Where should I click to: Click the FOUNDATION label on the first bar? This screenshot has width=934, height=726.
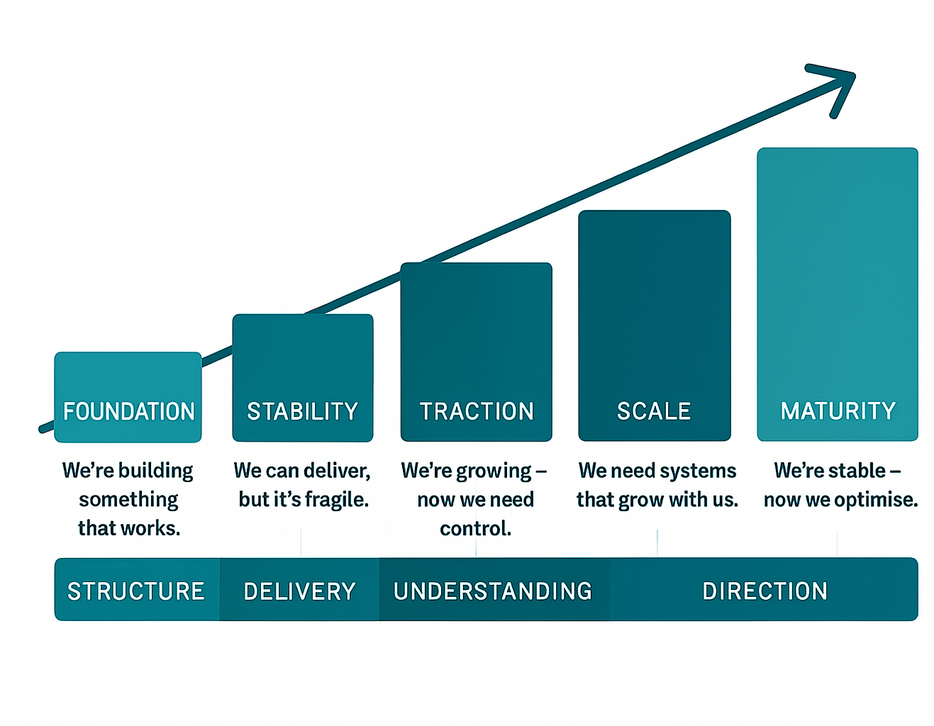point(129,411)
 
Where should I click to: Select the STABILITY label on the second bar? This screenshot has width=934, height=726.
point(302,411)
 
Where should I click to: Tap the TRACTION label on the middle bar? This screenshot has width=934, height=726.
point(477,411)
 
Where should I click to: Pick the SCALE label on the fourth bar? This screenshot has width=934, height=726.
point(654,411)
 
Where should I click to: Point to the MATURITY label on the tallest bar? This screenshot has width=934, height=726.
point(838,411)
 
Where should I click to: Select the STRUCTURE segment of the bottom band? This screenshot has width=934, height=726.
point(137,589)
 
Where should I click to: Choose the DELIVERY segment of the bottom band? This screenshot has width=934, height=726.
point(299,589)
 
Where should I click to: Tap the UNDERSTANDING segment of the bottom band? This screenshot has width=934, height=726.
point(494,589)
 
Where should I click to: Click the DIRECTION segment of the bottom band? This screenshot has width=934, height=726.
point(764,589)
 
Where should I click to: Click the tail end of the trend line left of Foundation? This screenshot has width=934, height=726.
point(41,429)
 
